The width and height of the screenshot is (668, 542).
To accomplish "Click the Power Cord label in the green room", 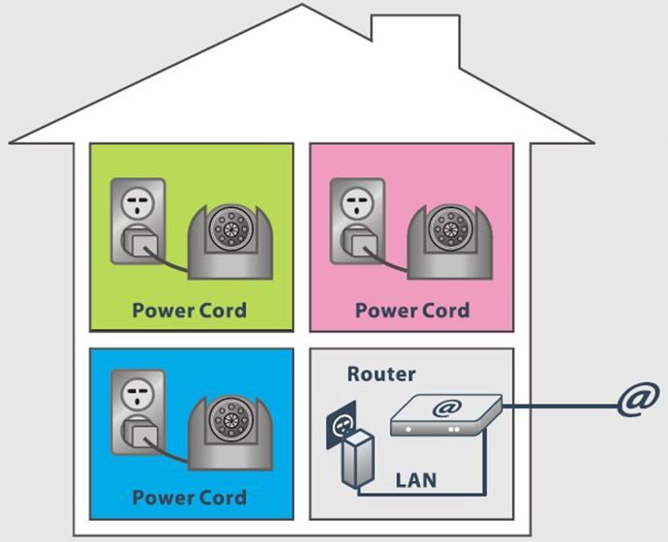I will click(190, 311).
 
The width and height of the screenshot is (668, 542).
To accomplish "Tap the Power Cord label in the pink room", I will click(411, 311).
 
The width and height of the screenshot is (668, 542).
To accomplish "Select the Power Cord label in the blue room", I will click(190, 498).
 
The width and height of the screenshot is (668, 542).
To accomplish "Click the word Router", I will click(380, 375).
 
